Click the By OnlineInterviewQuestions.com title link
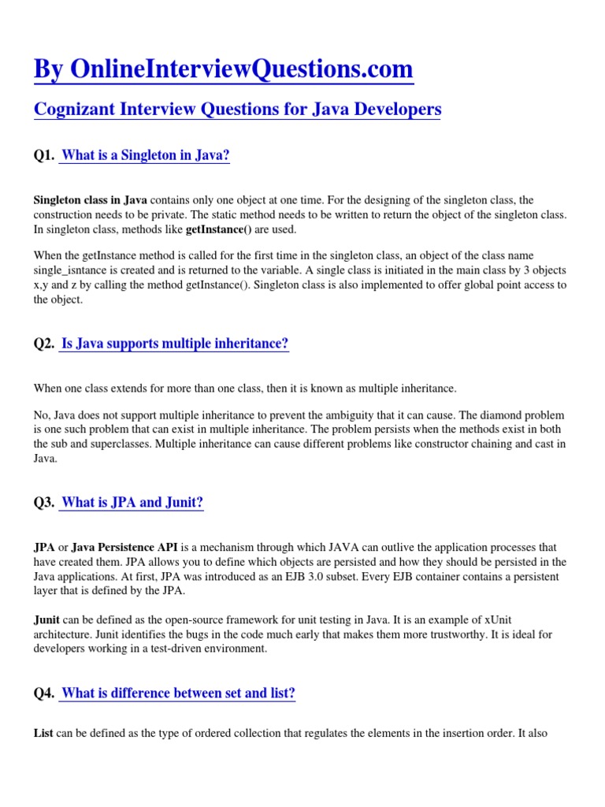223,69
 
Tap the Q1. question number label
43,156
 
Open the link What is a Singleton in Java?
145,156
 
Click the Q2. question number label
43,344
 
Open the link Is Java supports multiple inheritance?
175,344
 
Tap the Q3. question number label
43,503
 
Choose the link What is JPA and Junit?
132,503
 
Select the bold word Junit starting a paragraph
48,620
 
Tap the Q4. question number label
43,694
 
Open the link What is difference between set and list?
178,694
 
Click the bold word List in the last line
43,733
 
